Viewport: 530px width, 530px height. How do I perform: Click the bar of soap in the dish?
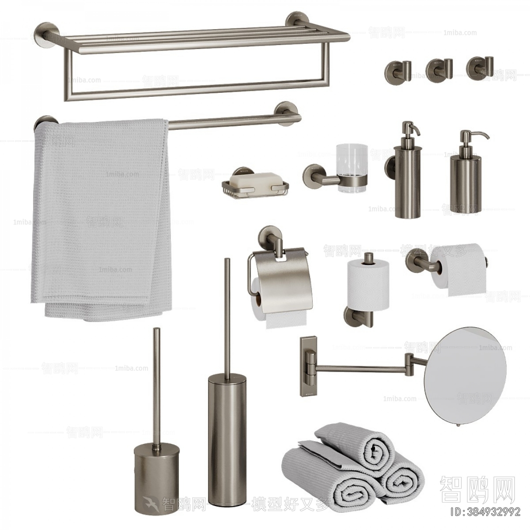tap(254, 179)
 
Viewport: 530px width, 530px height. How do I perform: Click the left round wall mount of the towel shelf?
tap(46, 36)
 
